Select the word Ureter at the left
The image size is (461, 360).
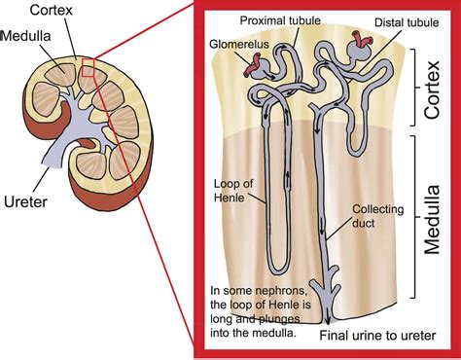pyautogui.click(x=26, y=201)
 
